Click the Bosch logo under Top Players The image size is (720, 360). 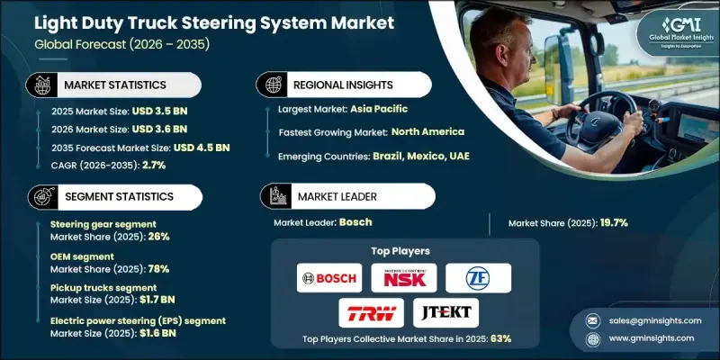pos(328,278)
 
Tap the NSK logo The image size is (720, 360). pos(403,278)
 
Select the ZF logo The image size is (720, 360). pos(478,278)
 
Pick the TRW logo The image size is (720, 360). pos(366,312)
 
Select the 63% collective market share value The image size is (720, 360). pos(499,339)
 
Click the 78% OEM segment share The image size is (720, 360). pos(157,269)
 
